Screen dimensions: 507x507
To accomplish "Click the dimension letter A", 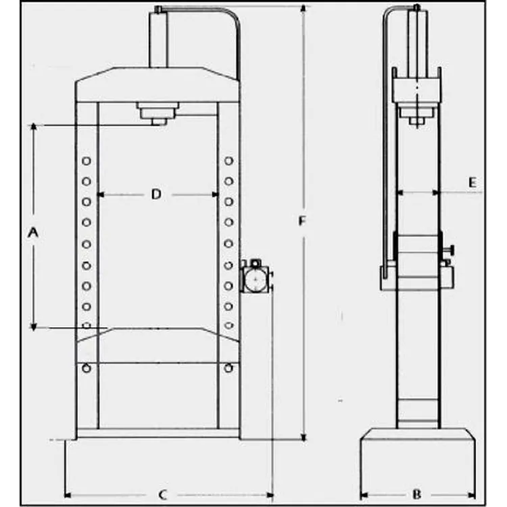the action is click(x=33, y=233).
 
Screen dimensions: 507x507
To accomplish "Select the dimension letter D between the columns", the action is click(x=157, y=194).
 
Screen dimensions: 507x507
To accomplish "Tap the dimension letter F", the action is click(x=301, y=221).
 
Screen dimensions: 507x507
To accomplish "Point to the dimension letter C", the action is click(x=163, y=495).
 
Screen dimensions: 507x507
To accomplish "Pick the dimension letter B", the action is click(x=417, y=494).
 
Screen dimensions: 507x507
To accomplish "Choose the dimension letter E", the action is click(x=473, y=183).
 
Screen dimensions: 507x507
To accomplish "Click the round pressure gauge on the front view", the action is click(x=255, y=279).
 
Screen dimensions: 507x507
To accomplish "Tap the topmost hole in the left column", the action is click(x=87, y=161).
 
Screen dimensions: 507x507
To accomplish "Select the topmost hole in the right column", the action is click(x=229, y=161).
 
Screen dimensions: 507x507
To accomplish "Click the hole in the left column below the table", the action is click(x=87, y=368).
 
